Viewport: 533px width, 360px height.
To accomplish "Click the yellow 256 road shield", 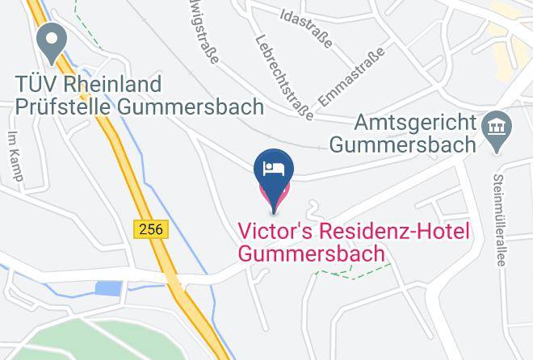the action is (x=149, y=229).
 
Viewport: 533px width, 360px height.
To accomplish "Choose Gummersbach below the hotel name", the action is (x=311, y=253).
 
